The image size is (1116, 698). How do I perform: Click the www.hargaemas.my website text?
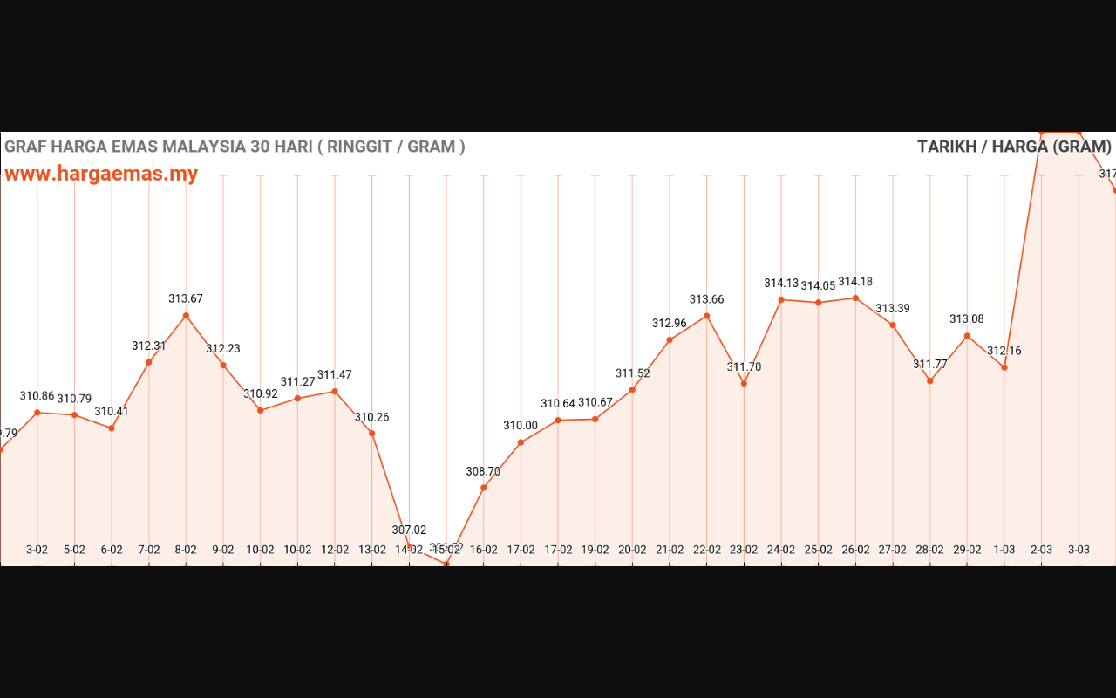[x=101, y=174]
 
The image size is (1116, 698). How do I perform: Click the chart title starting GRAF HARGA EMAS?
[x=235, y=147]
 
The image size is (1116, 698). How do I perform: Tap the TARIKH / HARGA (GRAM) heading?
[x=1014, y=147]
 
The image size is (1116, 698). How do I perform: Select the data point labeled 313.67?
[x=186, y=316]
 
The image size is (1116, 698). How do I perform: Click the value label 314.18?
[x=855, y=282]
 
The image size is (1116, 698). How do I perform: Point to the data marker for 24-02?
[x=781, y=299]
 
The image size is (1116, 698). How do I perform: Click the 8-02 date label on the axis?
[x=186, y=550]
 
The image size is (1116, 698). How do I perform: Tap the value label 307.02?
[x=409, y=530]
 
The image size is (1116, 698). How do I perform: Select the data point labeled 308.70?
[x=484, y=488]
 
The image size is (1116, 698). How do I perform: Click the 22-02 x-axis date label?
[x=707, y=550]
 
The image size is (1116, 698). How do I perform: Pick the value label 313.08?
[x=967, y=318]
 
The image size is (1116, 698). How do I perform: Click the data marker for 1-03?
[x=1004, y=367]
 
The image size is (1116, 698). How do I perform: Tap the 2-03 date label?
[x=1042, y=550]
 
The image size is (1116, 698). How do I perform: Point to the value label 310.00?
[x=521, y=425]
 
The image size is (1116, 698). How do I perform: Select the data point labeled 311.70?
[x=744, y=383]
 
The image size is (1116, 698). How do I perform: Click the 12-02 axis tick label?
[x=335, y=550]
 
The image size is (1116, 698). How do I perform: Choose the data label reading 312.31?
[x=149, y=346]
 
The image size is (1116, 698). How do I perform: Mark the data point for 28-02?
[x=930, y=381]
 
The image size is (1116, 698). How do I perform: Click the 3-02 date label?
[x=37, y=550]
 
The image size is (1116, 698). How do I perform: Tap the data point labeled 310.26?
[x=372, y=434]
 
